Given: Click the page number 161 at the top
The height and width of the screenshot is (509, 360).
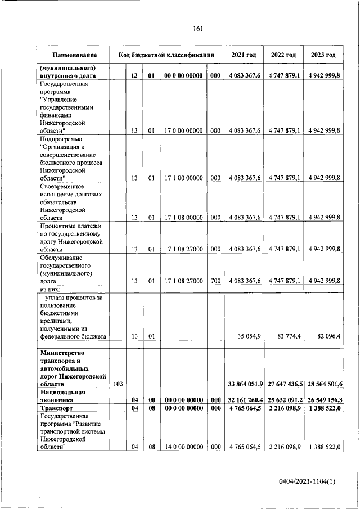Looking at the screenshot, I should point(197,29).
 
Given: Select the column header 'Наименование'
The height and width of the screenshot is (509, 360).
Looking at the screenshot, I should point(74,55).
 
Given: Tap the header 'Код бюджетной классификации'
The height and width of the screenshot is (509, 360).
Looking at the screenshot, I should point(166,55).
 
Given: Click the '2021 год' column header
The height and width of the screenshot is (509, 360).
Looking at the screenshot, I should point(244,55).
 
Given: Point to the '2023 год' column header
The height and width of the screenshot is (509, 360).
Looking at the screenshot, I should point(323,55).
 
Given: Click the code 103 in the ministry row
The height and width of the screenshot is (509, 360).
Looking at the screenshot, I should point(118,384).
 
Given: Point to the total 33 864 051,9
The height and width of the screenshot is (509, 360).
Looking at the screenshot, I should point(244,384).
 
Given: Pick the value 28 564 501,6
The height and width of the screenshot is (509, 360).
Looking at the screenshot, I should point(323,384).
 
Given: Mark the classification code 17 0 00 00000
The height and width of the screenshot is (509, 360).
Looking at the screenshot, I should point(183,130).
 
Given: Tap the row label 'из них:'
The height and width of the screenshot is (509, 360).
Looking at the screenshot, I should point(51,289).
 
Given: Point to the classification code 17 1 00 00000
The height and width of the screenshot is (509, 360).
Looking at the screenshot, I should point(183,178).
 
